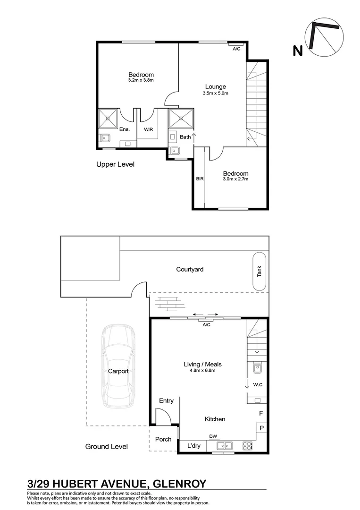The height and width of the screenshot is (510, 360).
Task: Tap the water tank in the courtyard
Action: [x=260, y=272]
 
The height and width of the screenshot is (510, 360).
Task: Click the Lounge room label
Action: [x=215, y=86]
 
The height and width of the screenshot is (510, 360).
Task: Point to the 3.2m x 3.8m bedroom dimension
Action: [x=141, y=80]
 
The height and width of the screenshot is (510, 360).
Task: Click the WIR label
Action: [x=149, y=129]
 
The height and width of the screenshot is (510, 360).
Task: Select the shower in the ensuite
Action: [x=109, y=118]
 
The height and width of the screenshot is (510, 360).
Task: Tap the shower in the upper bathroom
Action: [x=181, y=119]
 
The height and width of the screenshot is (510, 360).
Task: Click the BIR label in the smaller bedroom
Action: [x=199, y=179]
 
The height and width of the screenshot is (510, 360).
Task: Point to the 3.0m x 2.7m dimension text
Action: [x=235, y=179]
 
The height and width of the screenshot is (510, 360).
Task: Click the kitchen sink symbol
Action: [x=225, y=445]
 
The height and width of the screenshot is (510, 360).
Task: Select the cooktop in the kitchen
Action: [x=247, y=445]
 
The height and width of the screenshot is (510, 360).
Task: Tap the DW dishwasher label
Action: [x=213, y=436]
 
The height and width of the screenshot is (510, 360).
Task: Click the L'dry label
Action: [x=194, y=446]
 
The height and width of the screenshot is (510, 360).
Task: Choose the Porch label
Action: [x=163, y=439]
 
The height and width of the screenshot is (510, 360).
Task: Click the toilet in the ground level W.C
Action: [x=257, y=368]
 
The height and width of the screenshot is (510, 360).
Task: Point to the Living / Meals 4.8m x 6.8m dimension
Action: [x=202, y=370]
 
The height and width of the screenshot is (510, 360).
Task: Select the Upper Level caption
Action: [x=115, y=164]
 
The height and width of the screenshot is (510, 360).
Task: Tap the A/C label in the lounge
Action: [x=236, y=48]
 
